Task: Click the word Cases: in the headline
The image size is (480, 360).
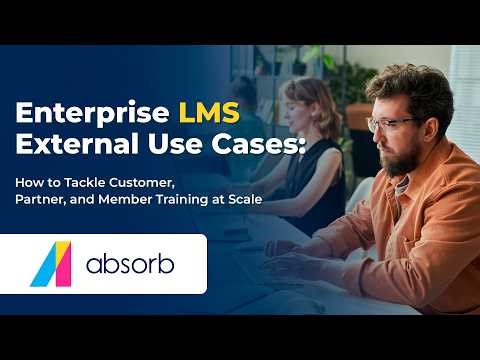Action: point(273,143)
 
